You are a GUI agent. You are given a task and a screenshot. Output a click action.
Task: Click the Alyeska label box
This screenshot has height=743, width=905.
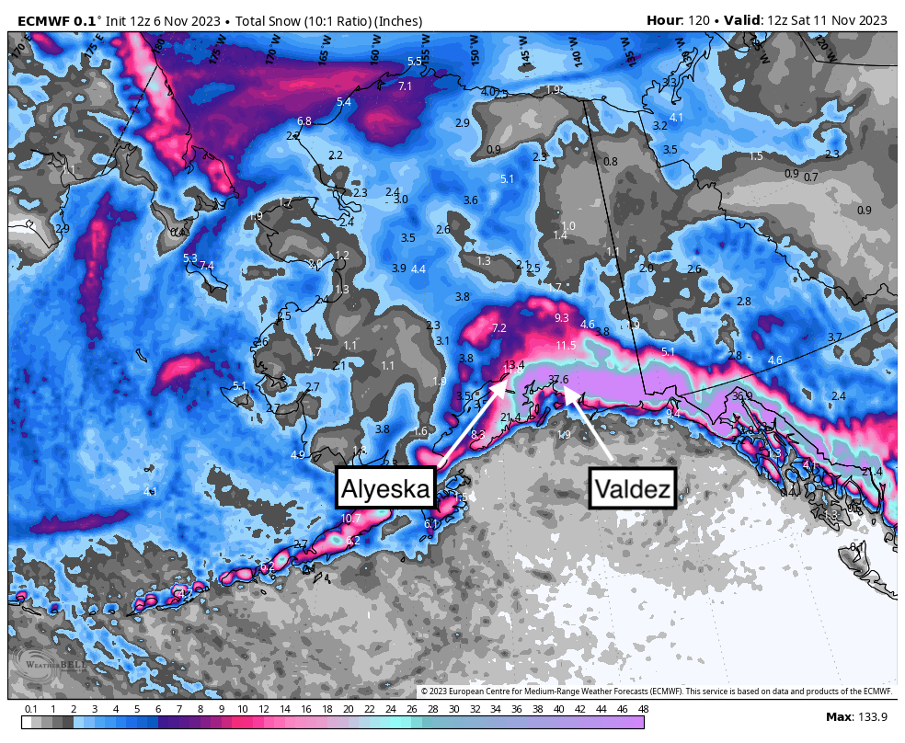(385, 488)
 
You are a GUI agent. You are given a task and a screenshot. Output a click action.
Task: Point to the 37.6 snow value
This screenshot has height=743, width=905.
(558, 379)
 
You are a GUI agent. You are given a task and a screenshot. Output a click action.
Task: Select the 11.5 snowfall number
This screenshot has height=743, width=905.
(566, 346)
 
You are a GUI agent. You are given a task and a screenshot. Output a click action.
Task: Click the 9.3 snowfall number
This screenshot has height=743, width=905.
(562, 317)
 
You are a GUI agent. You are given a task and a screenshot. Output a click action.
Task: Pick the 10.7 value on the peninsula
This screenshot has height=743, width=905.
(350, 519)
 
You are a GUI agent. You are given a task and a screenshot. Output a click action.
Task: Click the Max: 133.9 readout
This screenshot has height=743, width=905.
(855, 716)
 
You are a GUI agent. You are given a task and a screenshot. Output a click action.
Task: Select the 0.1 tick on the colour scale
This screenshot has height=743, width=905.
(31, 709)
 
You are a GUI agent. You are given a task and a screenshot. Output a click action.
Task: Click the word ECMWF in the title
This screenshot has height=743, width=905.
(43, 20)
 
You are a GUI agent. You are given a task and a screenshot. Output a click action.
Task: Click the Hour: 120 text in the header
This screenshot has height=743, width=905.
(682, 20)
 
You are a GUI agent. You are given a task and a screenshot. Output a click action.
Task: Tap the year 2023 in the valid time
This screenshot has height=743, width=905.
(868, 20)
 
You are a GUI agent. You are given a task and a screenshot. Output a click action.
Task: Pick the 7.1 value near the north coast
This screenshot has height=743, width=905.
(406, 86)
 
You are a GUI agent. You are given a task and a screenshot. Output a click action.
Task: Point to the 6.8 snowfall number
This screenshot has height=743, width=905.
(304, 121)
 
